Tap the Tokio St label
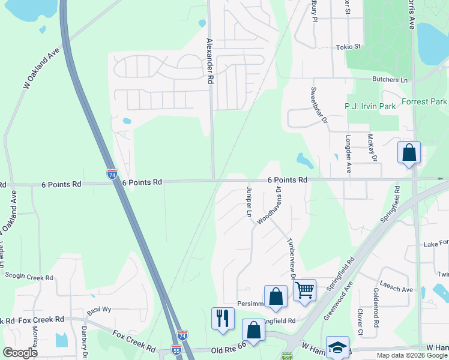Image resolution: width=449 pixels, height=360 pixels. (348, 46)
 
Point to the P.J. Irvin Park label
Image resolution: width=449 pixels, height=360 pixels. (370, 106)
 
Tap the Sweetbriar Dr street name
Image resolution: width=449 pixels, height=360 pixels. (319, 105)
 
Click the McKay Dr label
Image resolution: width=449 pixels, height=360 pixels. (373, 148)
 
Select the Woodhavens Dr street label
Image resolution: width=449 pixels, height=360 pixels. (270, 205)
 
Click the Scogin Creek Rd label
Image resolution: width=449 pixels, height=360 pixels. (29, 278)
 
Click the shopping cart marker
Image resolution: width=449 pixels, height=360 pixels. (305, 290)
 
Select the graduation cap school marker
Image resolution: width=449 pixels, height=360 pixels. (338, 348)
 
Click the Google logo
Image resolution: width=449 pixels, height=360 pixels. (20, 352)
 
